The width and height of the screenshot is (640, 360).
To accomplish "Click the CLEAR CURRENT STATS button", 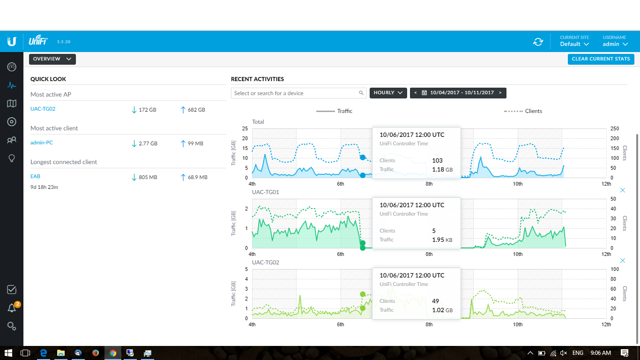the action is click(x=601, y=59).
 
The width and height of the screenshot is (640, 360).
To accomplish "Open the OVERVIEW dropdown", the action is click(x=52, y=59).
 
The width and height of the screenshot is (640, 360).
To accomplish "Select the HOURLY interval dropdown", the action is click(x=388, y=93).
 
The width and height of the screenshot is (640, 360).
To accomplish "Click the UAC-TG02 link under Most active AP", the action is click(x=43, y=109).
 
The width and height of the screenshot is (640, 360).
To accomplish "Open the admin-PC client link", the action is click(x=41, y=142).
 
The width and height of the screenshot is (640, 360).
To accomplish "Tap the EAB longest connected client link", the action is click(x=35, y=176).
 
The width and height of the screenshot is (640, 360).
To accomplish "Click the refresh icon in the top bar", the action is click(x=538, y=42).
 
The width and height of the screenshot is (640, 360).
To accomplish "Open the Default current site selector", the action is click(x=574, y=44).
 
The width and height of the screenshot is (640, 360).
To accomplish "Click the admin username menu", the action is click(x=615, y=44).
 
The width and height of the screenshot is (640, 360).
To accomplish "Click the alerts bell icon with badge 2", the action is click(x=12, y=307).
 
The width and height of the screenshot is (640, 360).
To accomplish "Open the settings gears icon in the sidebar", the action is click(x=12, y=326).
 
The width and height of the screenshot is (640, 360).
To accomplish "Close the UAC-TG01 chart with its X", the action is click(x=623, y=190).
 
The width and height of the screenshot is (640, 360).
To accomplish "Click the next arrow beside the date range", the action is click(x=500, y=93).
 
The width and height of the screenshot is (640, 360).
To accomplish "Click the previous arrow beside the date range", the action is click(x=416, y=93).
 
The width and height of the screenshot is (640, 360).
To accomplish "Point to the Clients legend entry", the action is click(x=523, y=111).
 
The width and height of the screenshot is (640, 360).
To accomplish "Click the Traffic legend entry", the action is click(x=334, y=111).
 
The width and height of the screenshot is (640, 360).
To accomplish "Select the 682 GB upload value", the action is click(x=196, y=110).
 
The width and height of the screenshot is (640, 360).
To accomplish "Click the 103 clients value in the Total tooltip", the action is click(x=437, y=160).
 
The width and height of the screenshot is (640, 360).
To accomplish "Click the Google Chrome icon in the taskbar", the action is click(x=113, y=353).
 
